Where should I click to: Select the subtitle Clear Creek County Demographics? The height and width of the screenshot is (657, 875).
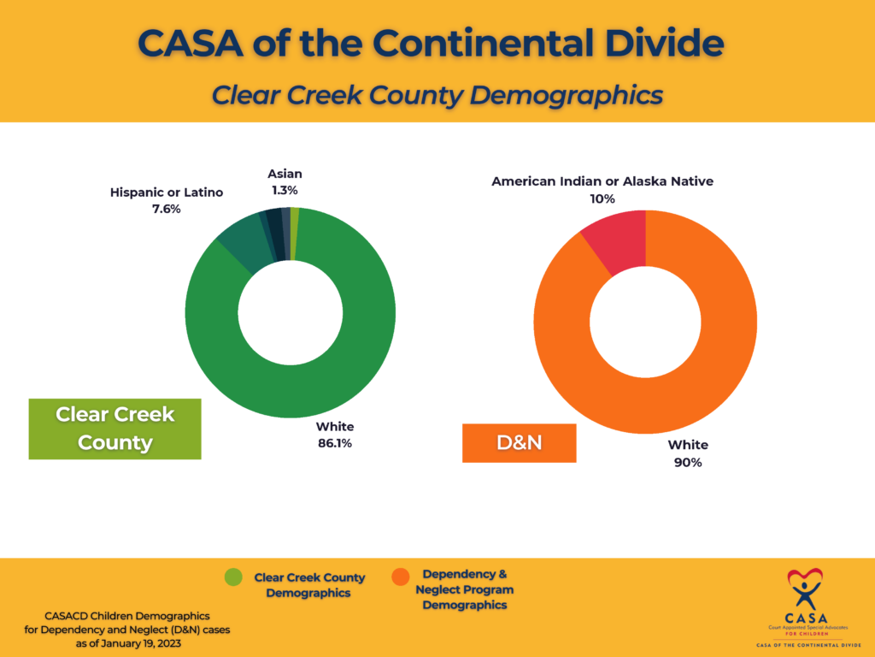[437, 94]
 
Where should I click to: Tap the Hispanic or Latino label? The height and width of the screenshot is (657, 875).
[167, 192]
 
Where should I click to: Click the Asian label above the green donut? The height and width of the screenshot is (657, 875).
[285, 174]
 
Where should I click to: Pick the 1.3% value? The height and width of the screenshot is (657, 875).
[285, 191]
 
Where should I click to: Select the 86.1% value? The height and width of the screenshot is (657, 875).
[335, 443]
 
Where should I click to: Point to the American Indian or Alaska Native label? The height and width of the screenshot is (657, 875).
[602, 181]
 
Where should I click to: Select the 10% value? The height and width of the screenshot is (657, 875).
[602, 198]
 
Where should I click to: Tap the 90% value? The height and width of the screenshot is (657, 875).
[688, 462]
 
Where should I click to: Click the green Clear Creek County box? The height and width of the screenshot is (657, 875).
[115, 429]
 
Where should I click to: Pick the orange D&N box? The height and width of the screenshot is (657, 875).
[520, 443]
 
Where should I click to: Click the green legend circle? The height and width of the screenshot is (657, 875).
[233, 577]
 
